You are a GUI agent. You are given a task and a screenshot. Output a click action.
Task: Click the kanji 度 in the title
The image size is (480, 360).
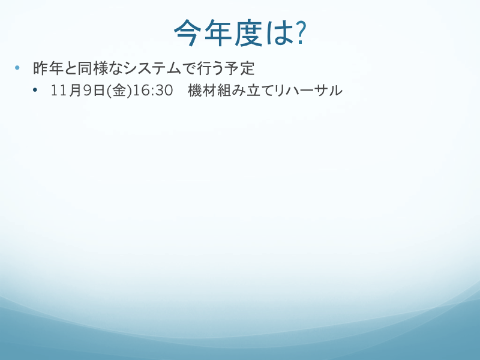pyautogui.click(x=248, y=33)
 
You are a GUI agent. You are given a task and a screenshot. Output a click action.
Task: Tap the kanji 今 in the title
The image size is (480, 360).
pyautogui.click(x=187, y=33)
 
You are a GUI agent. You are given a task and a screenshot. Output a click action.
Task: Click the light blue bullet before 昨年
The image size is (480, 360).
pyautogui.click(x=17, y=67)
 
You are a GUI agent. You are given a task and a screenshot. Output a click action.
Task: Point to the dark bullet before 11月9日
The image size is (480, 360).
pyautogui.click(x=35, y=90)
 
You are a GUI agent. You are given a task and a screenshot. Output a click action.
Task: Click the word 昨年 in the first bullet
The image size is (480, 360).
pyautogui.click(x=48, y=68)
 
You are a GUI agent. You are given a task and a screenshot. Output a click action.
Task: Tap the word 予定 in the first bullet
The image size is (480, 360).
pyautogui.click(x=239, y=68)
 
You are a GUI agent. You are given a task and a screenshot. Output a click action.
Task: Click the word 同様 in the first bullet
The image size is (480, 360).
pyautogui.click(x=92, y=68)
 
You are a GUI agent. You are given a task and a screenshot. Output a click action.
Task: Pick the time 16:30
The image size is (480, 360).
pyautogui.click(x=153, y=91)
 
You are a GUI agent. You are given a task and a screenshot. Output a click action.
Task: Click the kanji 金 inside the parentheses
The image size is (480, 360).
pyautogui.click(x=119, y=91)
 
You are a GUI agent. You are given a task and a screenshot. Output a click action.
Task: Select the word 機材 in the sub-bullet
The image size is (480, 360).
pyautogui.click(x=202, y=91)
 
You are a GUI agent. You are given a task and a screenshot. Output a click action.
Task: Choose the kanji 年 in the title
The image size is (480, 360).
pyautogui.click(x=218, y=33)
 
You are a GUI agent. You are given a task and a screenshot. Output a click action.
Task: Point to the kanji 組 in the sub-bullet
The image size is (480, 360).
pyautogui.click(x=224, y=91)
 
